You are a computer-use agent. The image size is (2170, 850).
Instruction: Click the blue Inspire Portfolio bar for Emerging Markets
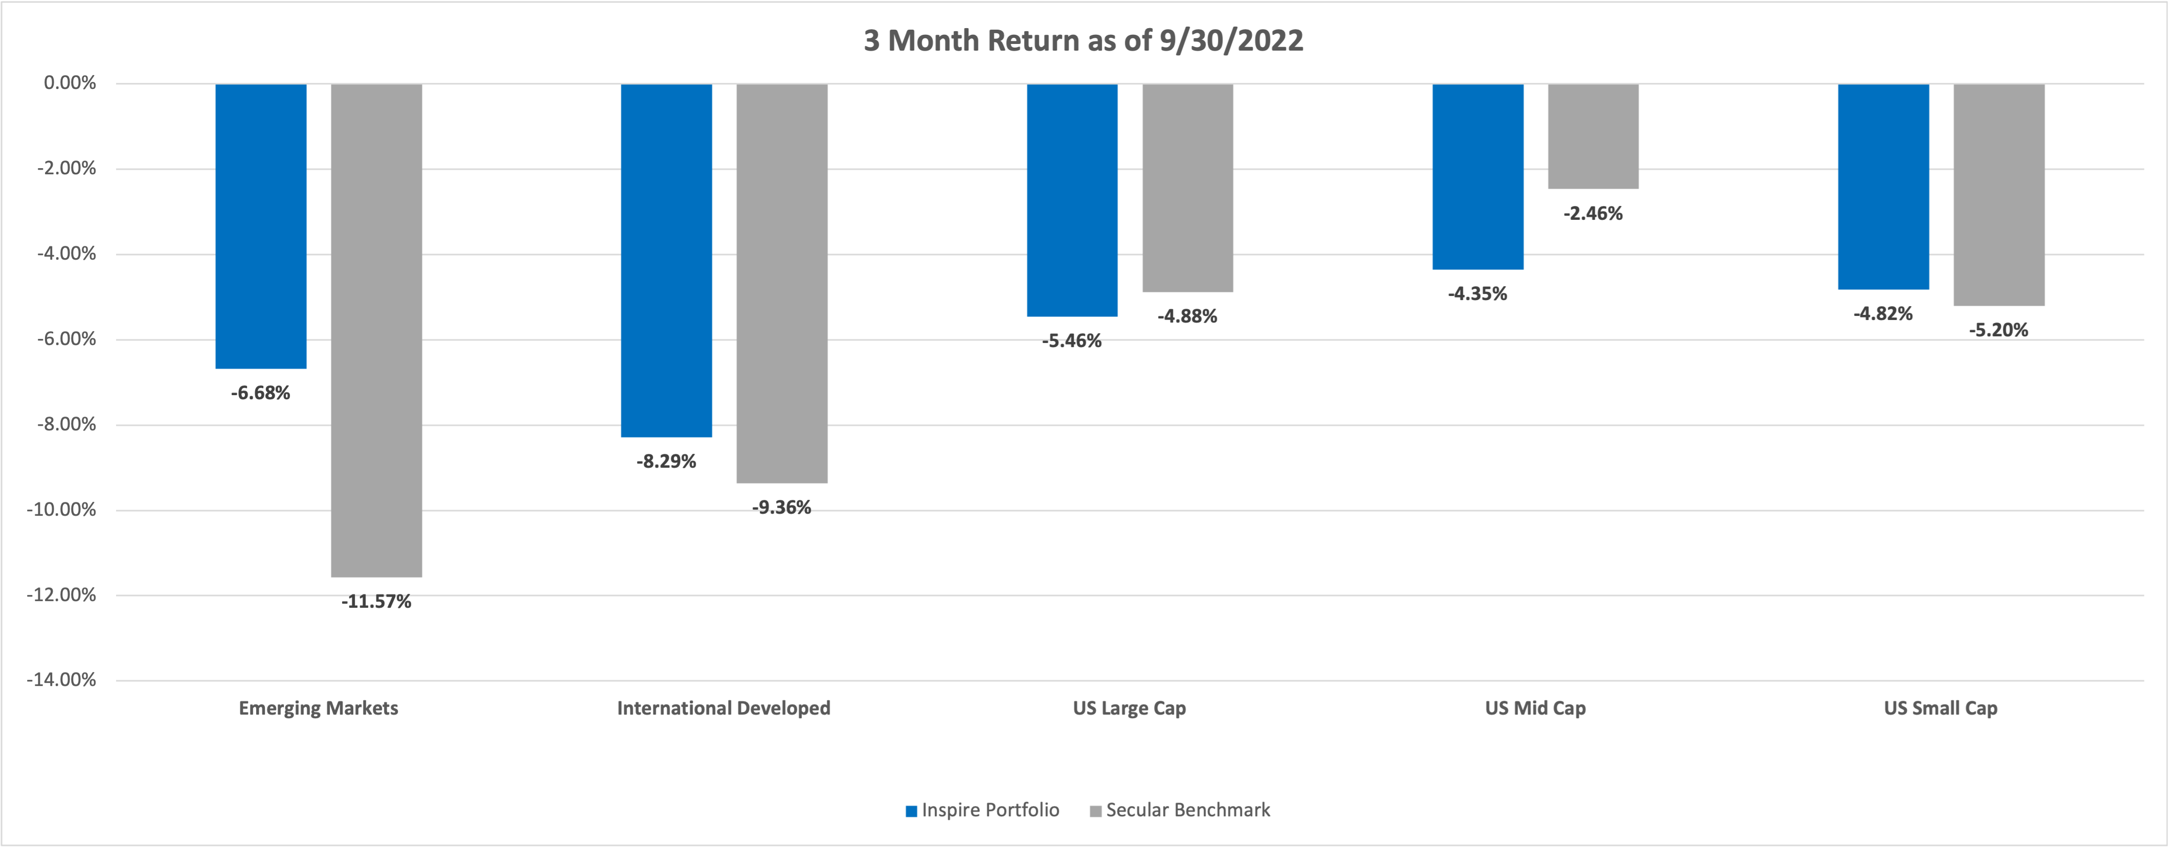coord(261,226)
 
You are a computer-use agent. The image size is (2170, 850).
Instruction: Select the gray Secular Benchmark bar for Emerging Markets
coord(376,330)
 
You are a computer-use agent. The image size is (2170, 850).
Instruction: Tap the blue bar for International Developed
coord(666,260)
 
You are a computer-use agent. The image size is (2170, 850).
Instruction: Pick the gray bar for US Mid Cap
coord(1593,136)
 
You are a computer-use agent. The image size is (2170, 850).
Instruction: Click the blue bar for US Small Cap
coord(1884,186)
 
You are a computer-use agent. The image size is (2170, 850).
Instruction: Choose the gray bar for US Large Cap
coord(1188,188)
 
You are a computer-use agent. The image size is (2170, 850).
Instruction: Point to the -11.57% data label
coord(376,602)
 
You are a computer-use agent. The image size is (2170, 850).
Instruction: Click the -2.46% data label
coord(1593,213)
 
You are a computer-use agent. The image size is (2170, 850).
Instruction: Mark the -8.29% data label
coord(666,462)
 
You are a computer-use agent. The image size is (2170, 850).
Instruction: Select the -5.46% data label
coord(1072,341)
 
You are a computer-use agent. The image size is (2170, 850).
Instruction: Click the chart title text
coord(1083,40)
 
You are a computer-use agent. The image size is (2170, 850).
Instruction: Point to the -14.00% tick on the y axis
coord(61,680)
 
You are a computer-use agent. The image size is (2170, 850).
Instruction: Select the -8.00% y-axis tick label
coord(66,425)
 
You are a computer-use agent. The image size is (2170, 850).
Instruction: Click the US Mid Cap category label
coord(1535,708)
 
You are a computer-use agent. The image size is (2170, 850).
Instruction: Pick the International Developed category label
coord(724,708)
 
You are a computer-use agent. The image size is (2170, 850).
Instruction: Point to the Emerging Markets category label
coord(319,708)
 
